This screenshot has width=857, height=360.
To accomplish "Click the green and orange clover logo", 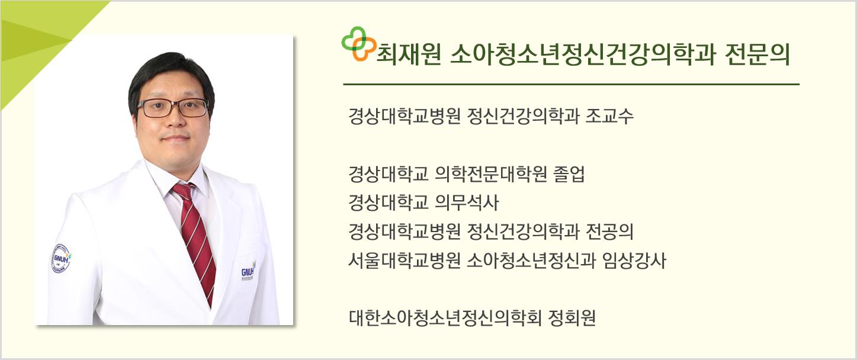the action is click(x=356, y=44).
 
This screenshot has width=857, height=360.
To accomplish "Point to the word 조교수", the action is click(x=609, y=116).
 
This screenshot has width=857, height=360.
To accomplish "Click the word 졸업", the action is click(x=569, y=175).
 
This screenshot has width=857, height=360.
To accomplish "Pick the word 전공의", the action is click(x=609, y=232).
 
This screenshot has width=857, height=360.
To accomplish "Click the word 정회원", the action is click(x=572, y=319).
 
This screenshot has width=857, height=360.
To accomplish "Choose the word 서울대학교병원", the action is click(x=404, y=261).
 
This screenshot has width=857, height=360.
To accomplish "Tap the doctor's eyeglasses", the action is click(x=173, y=108).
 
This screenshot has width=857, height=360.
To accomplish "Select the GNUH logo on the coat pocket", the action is click(x=248, y=272).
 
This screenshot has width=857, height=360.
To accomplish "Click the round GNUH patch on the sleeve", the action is click(x=61, y=259).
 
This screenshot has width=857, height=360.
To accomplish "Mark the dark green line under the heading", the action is click(x=571, y=84).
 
